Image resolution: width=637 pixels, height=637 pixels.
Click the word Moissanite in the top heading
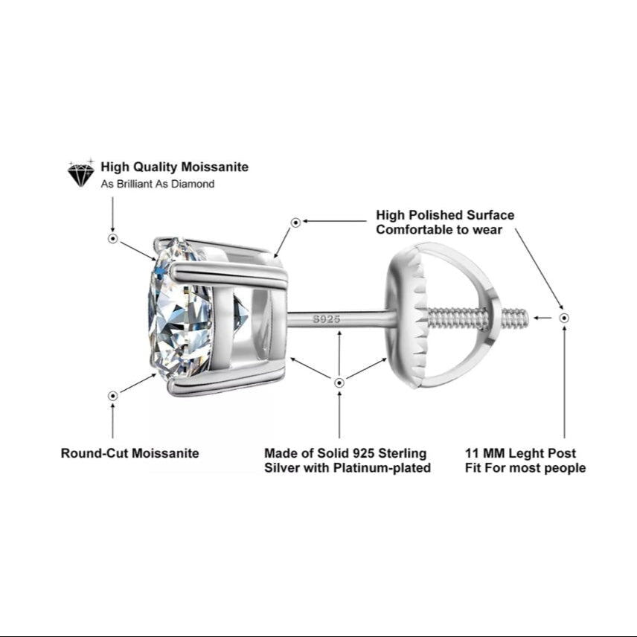(215, 167)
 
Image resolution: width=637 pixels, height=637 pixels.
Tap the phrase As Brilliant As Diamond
(158, 184)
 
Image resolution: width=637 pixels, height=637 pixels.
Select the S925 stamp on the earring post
(326, 319)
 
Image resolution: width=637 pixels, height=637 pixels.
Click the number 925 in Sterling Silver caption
(364, 453)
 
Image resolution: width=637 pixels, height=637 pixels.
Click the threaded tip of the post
(515, 318)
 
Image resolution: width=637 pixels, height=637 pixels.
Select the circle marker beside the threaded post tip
(564, 318)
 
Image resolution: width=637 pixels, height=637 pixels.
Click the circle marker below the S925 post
(339, 382)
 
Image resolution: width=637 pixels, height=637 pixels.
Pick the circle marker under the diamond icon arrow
(113, 238)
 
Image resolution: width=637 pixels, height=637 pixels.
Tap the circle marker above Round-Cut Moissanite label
(113, 396)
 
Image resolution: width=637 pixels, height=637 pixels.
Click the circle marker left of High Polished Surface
(295, 223)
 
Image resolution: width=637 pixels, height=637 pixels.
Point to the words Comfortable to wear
(439, 230)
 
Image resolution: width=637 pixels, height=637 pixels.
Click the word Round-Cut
(95, 453)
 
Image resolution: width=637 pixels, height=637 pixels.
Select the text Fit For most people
(525, 468)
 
